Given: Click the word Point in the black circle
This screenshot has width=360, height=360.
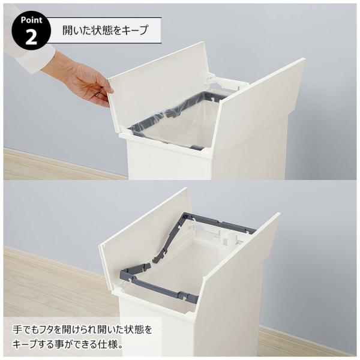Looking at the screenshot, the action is (x=31, y=20).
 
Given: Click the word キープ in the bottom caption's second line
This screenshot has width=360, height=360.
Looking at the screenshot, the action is (x=25, y=344).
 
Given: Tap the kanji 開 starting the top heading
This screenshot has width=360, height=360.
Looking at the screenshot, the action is (x=68, y=30).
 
